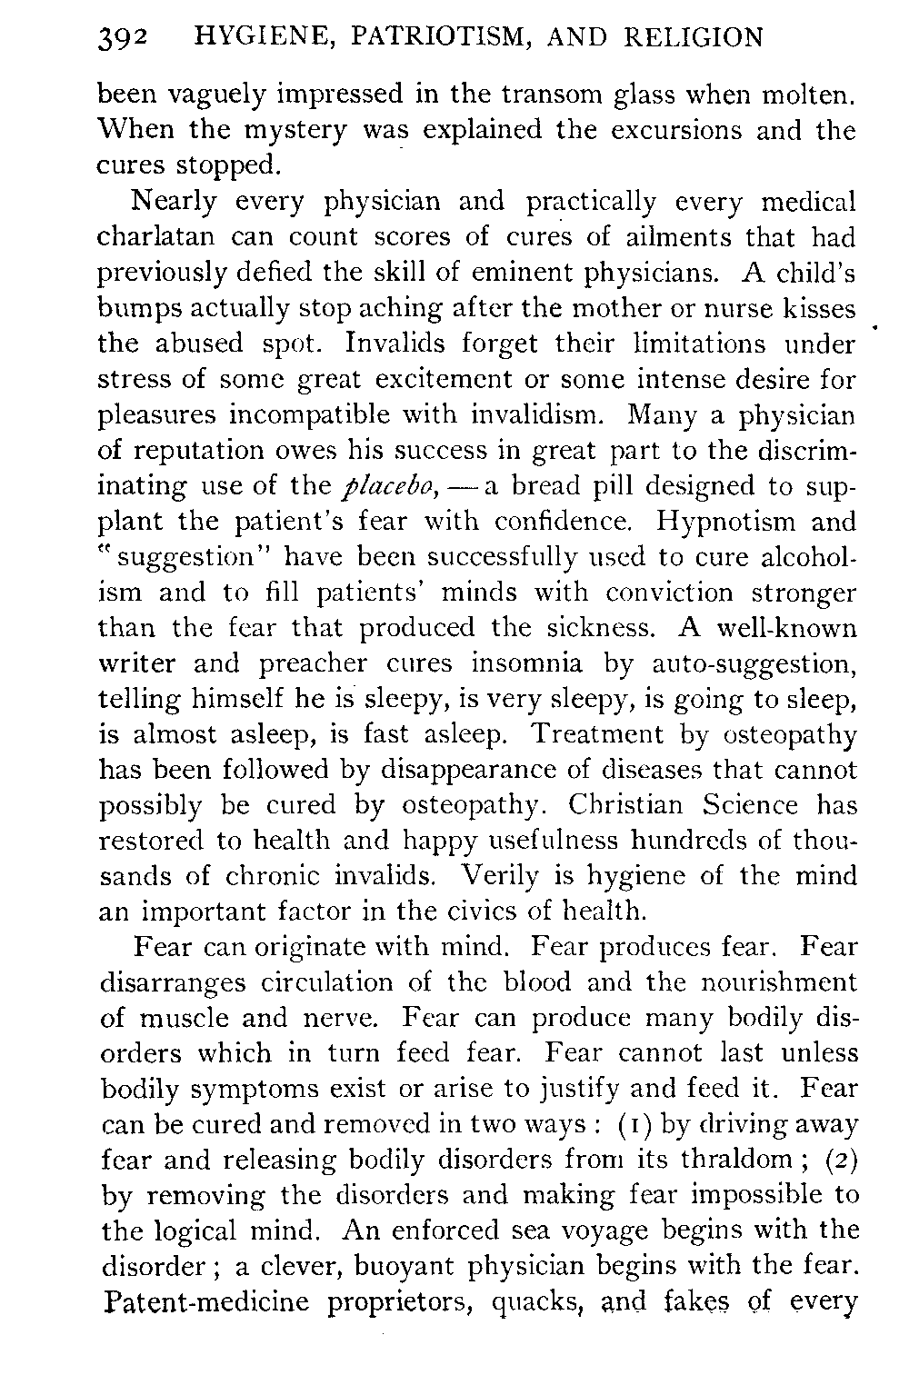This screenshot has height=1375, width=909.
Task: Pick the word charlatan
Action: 156,237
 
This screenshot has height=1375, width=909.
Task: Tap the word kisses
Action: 819,308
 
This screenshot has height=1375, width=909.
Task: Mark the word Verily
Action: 505,876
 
